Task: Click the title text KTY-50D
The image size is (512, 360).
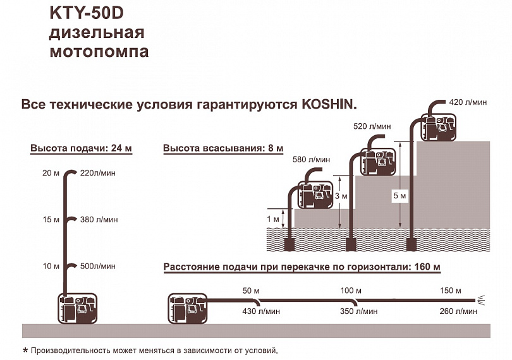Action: click(87, 14)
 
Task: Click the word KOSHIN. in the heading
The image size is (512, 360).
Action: click(329, 105)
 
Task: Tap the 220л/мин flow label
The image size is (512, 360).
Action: click(97, 173)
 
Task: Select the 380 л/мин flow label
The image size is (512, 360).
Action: click(99, 220)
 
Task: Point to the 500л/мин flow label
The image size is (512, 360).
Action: click(97, 267)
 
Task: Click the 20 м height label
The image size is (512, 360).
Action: click(51, 173)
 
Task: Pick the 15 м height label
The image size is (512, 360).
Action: click(51, 220)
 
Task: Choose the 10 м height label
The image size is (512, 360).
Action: click(51, 267)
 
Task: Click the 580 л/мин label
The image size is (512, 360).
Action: click(311, 160)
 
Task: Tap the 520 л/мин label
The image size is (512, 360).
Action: click(372, 126)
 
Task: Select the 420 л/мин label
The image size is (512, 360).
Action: click(468, 102)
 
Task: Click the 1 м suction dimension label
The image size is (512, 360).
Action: click(273, 219)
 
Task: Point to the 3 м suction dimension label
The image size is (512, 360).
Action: click(341, 196)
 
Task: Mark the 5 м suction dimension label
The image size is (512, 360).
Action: click(399, 196)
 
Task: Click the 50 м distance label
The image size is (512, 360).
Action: click(251, 291)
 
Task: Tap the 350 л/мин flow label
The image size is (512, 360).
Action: click(358, 311)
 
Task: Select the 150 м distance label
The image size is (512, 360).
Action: click(450, 291)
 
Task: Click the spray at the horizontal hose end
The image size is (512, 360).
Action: click(481, 300)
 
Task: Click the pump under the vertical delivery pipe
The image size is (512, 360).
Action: click(78, 308)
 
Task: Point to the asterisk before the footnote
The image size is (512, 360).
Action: click(25, 351)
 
